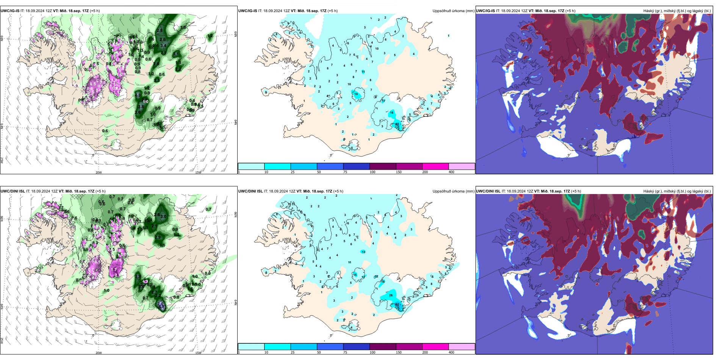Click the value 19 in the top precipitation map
point(356,94)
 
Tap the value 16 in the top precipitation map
point(391,113)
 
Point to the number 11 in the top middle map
point(363,72)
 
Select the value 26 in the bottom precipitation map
point(391,295)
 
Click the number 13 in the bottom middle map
point(363,252)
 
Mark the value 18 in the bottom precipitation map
point(383,282)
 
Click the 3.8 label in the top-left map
point(141,107)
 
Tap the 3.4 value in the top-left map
point(163,45)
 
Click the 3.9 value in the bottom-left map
point(138,277)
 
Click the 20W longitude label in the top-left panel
point(99,172)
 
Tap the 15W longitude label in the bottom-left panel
point(198,353)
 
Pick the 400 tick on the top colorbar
point(451,172)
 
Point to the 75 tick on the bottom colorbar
point(345,352)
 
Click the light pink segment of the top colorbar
point(462,166)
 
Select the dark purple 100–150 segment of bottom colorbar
point(383,347)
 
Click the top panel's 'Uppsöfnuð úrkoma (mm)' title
point(453,11)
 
